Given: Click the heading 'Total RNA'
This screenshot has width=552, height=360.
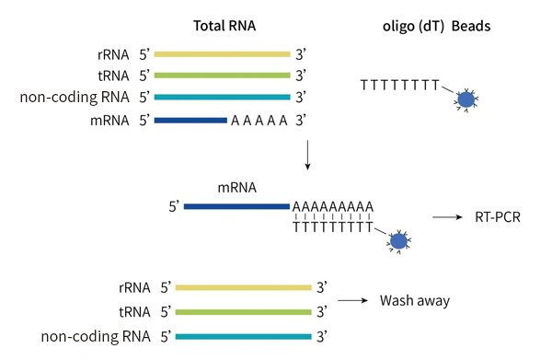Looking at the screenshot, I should [x=223, y=26].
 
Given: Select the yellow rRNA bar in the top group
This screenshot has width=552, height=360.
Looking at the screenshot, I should [x=222, y=54].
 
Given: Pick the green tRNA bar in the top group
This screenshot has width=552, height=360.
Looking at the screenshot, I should [x=222, y=75].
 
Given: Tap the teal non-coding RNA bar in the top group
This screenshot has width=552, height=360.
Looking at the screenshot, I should [x=222, y=98].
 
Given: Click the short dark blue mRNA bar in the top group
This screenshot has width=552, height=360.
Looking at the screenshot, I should [x=190, y=120].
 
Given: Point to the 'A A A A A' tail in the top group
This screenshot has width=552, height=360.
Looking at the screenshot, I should [x=259, y=120].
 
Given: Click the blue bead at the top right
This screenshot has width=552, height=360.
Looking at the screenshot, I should [x=467, y=99].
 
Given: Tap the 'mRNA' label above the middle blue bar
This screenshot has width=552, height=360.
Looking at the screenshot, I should [x=236, y=187].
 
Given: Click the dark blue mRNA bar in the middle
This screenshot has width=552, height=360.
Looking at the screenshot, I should [x=236, y=206].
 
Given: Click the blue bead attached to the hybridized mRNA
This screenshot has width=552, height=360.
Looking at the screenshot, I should [x=398, y=241].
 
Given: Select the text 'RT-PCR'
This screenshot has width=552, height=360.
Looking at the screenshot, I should [x=497, y=218].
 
